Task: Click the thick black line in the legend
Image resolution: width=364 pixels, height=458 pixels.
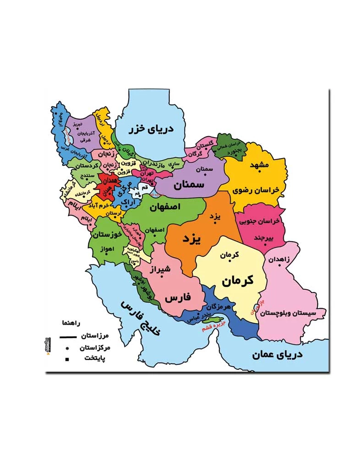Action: click(x=67, y=337)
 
